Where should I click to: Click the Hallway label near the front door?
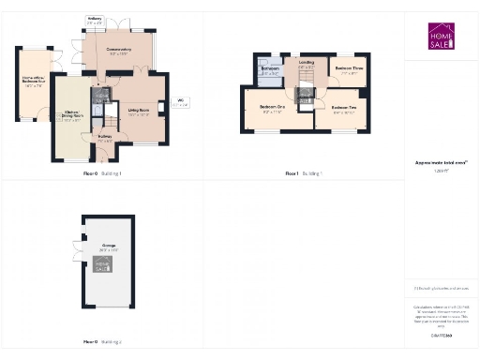(x=105, y=138)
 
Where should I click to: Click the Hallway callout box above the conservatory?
(x=95, y=20)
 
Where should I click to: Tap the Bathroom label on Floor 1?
(x=269, y=72)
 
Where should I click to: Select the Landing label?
(x=306, y=66)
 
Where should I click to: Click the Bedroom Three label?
(x=349, y=70)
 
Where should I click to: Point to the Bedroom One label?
(x=272, y=109)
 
